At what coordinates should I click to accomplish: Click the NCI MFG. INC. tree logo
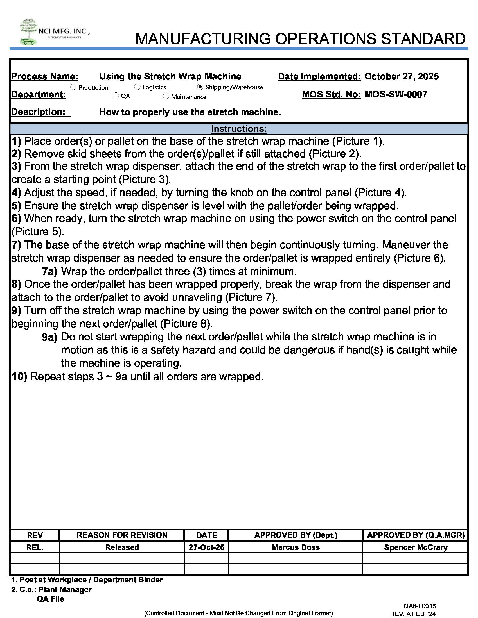29,32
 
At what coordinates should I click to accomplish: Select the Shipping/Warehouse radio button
200,87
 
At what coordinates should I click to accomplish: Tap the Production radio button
73,87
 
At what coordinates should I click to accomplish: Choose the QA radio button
116,96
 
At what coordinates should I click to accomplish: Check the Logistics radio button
137,87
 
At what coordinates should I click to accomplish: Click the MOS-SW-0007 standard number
396,94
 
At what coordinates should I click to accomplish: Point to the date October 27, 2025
401,76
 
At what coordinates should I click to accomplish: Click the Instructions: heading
239,129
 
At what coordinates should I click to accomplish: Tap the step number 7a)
49,271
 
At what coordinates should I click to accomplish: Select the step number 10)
19,377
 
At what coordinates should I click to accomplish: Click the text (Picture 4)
381,192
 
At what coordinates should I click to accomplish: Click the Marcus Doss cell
296,547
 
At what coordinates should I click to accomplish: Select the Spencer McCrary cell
415,547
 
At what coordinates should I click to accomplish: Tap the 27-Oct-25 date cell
206,547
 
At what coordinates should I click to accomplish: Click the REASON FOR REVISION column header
122,535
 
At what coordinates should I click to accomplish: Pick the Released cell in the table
122,547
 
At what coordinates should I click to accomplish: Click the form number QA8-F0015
420,606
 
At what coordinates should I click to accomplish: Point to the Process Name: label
45,76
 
